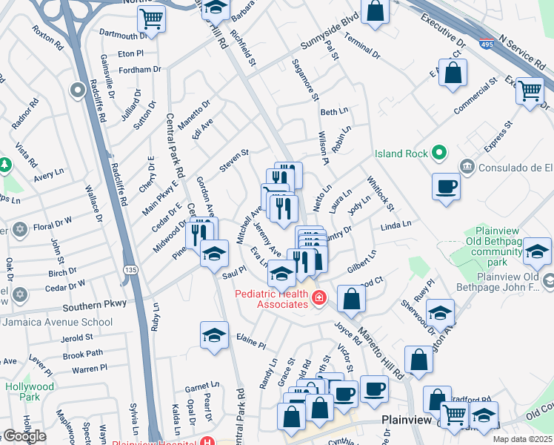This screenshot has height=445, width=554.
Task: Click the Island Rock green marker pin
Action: click(x=438, y=154)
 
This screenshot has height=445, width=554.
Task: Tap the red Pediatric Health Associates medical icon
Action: click(x=318, y=298)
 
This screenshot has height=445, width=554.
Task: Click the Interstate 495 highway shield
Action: click(x=487, y=44)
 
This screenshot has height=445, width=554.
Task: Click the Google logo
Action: click(x=24, y=436)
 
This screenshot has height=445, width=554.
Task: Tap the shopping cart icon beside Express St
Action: click(x=530, y=91)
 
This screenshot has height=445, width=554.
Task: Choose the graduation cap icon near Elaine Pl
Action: click(x=214, y=335)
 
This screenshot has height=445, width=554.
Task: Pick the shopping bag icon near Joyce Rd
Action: click(x=352, y=300)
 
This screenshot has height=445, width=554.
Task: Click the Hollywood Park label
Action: click(x=30, y=392)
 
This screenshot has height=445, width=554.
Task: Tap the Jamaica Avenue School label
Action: click(x=57, y=322)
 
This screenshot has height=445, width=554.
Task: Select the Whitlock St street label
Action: click(x=381, y=192)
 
